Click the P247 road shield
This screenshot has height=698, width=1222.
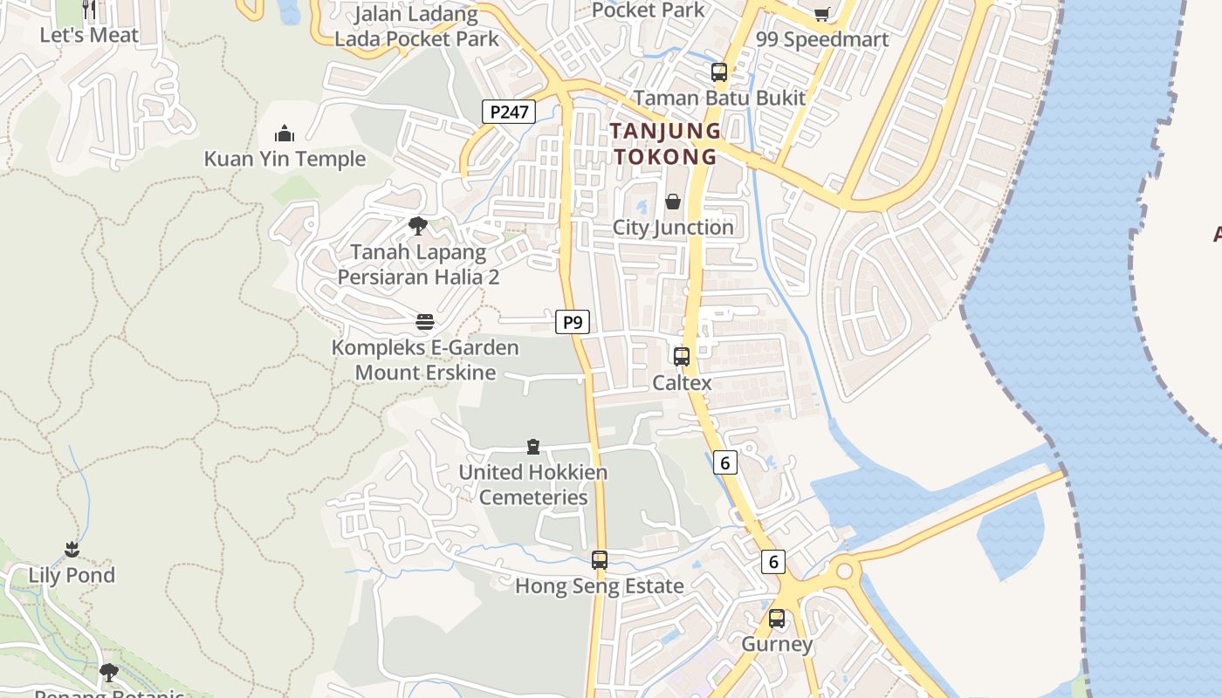point(509,112)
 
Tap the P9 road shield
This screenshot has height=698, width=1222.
point(573,323)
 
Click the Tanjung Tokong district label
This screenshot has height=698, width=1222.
point(665,144)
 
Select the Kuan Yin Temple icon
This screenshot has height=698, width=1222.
point(285,133)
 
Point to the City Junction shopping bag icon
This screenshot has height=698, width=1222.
point(673,202)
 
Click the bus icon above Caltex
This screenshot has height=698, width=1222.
point(682,356)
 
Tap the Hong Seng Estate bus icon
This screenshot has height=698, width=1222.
point(600,560)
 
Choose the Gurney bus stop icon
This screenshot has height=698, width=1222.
point(777,619)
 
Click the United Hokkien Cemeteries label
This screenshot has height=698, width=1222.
point(533,484)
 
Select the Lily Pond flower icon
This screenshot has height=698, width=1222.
point(72,550)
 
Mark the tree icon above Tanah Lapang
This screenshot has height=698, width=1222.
point(418,226)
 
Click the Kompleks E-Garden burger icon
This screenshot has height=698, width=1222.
point(425,322)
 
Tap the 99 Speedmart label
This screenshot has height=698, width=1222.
point(822,39)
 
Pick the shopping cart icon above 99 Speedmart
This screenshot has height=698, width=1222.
point(821,13)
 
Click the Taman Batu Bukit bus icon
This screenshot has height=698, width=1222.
point(719,72)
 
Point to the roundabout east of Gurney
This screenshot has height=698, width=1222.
point(844,572)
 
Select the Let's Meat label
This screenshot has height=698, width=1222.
point(89,35)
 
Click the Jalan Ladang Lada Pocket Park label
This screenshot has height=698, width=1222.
point(417,26)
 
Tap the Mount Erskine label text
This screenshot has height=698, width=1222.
point(425,373)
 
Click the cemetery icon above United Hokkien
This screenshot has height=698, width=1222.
point(533,448)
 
